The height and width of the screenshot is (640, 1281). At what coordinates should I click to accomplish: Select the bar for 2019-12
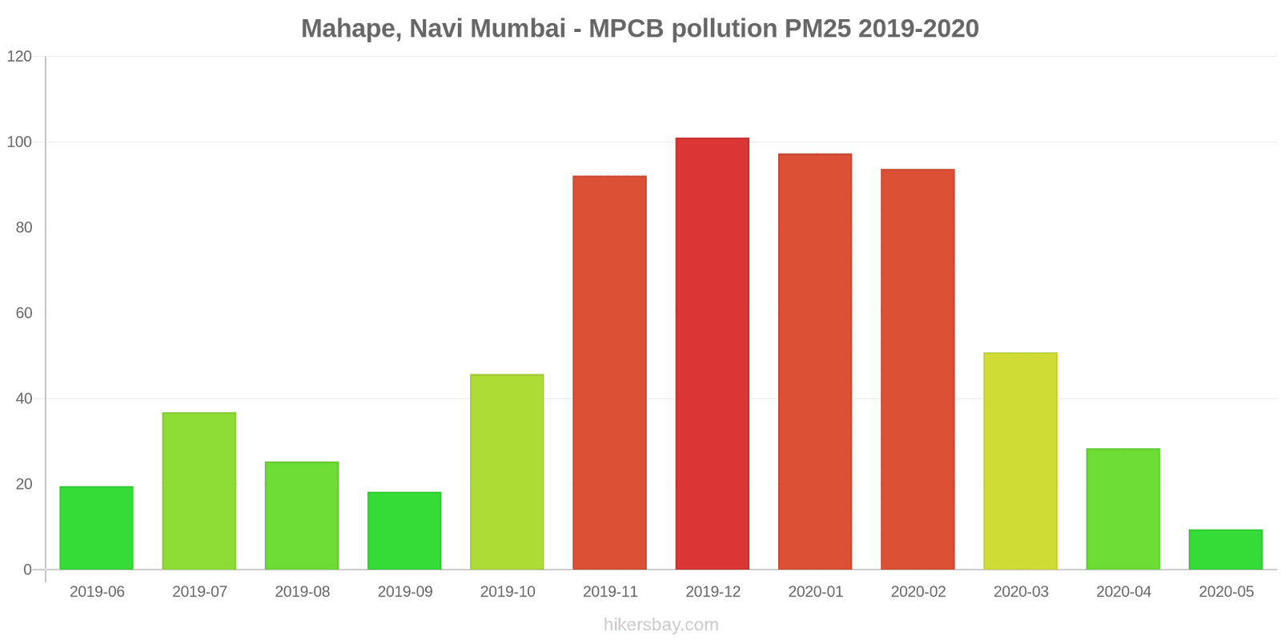click(712, 354)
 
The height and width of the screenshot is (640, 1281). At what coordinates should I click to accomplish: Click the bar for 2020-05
click(1225, 550)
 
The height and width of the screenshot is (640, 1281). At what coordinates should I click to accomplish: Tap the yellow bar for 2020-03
click(1020, 461)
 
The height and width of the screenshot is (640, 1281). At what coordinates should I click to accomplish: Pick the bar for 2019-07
click(199, 491)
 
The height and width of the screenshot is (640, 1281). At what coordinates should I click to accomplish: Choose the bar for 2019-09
click(404, 530)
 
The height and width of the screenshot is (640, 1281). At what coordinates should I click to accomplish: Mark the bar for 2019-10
click(507, 472)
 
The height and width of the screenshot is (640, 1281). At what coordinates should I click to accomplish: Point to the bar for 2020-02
click(918, 370)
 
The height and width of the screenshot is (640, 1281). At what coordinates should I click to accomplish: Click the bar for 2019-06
click(96, 528)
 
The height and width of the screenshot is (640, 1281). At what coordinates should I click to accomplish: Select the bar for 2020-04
click(1122, 509)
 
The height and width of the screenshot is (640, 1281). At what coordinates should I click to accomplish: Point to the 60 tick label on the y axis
click(24, 314)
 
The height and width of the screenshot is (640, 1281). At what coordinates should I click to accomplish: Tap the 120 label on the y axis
click(19, 57)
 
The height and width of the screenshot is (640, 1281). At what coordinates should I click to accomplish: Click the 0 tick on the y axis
click(28, 570)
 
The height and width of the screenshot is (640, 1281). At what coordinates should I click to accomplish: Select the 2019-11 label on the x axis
click(610, 592)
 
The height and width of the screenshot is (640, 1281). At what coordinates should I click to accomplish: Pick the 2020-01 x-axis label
click(815, 592)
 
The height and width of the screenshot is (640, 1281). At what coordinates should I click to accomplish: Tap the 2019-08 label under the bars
click(302, 592)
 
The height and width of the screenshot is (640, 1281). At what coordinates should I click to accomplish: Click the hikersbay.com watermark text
click(661, 625)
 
